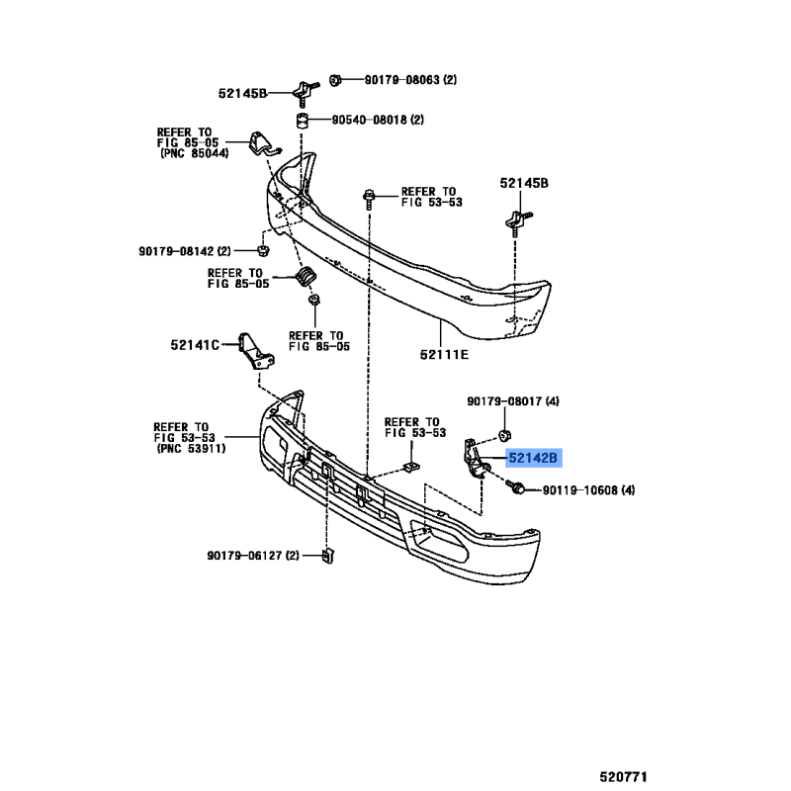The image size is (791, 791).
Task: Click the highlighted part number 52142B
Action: coord(533,458)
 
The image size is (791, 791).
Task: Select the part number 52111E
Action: coord(444,355)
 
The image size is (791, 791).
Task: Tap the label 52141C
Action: coord(195,345)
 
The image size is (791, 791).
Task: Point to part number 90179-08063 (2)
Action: coord(410,80)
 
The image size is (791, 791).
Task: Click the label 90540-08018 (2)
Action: coord(378,120)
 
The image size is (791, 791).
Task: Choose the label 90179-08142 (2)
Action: coord(185,251)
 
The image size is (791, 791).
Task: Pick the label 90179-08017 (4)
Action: coord(513,401)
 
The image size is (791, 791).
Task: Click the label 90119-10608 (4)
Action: coord(588,489)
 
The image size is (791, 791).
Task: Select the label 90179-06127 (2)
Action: coord(253,556)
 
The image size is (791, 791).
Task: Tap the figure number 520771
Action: coord(623,776)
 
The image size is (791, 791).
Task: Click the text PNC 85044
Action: coord(195,153)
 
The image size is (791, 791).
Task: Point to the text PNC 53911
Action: coord(191,448)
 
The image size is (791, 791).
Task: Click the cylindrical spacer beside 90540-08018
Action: coord(303,121)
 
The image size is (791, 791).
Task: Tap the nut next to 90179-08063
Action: coord(335,80)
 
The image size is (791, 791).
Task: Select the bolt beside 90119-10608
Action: coord(515,486)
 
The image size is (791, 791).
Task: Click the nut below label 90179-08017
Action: coord(504,435)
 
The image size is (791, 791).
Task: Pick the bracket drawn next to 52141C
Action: coord(256,352)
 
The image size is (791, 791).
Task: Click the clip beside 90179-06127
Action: coord(328,556)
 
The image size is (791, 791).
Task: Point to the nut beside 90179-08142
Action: coord(263,250)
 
